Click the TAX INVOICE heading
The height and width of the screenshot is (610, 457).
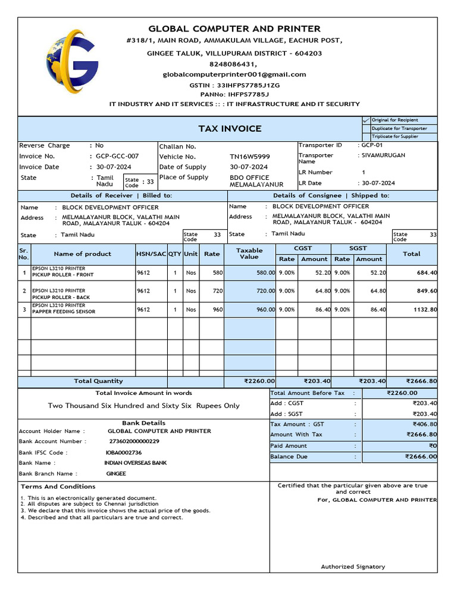coord(230,129)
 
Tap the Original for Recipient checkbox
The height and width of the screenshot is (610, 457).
coord(366,120)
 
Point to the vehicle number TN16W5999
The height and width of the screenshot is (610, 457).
coord(250,157)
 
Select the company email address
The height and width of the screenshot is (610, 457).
coord(234,74)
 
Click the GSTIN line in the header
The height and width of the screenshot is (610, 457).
coord(234,85)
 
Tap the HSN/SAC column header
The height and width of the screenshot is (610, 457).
coord(151,254)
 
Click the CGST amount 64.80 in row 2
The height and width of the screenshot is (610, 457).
coord(314,291)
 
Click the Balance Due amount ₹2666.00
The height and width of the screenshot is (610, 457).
coord(421,457)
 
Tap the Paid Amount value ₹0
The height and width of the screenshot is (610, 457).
coord(433,446)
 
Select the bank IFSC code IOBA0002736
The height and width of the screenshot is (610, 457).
coord(124,453)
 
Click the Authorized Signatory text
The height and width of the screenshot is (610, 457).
coord(353,567)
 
